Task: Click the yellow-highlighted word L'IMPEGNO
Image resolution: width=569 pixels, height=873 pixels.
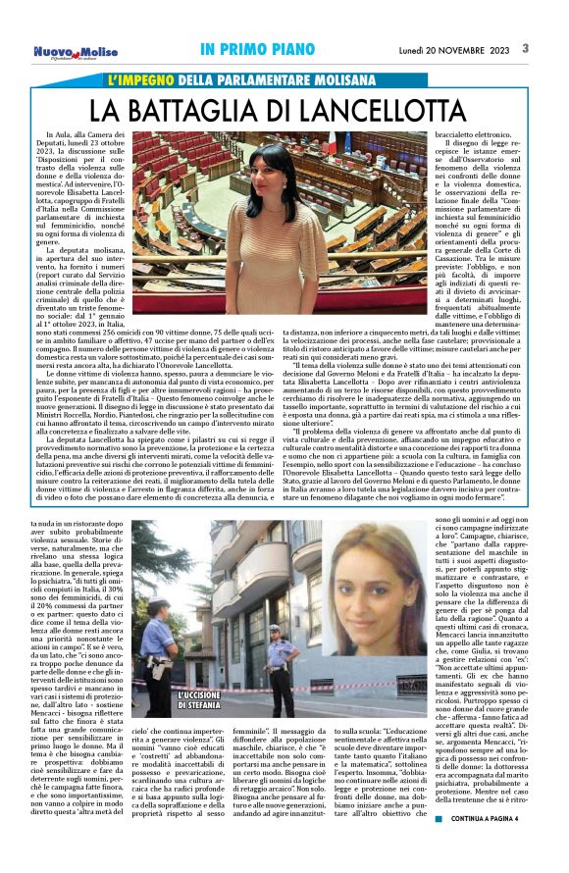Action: (x=144, y=78)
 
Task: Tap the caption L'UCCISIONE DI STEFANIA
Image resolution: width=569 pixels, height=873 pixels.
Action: (x=207, y=729)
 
